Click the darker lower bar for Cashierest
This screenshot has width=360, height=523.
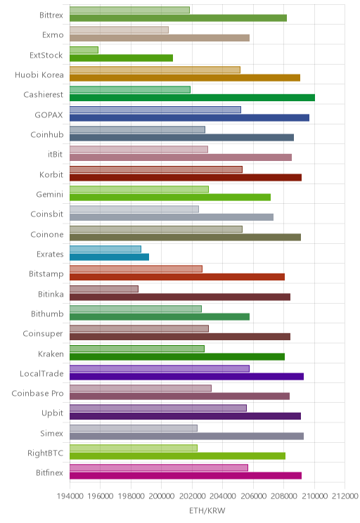click(192, 98)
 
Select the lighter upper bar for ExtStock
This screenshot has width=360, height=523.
click(84, 50)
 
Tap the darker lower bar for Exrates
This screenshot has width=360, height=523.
click(109, 257)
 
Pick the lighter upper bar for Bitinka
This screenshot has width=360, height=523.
click(104, 289)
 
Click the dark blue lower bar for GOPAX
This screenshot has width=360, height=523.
click(190, 117)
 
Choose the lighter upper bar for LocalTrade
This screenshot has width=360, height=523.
click(160, 368)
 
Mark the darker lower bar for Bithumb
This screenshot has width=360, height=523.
click(160, 317)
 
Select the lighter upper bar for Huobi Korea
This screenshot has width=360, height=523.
click(155, 70)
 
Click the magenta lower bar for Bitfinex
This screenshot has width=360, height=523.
click(186, 476)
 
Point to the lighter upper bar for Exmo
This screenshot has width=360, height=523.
click(119, 30)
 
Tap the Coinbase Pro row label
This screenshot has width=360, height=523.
click(37, 393)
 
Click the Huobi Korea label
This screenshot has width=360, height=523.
click(39, 75)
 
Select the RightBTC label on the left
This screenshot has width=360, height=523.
click(46, 453)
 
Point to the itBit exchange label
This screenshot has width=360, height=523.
click(55, 154)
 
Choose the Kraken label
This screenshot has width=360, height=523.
click(51, 354)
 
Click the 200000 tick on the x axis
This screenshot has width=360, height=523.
click(162, 496)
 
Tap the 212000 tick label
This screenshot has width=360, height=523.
click(345, 496)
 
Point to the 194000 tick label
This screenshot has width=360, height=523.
click(70, 496)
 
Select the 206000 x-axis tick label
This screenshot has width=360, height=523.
click(253, 496)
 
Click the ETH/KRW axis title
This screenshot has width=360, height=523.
click(207, 510)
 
